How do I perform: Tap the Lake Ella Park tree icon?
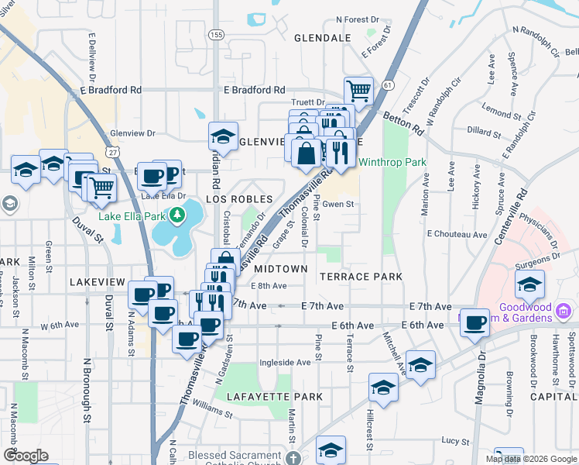pyautogui.click(x=178, y=214)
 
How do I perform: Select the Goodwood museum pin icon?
pyautogui.click(x=564, y=312)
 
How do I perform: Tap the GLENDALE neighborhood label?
pyautogui.click(x=323, y=37)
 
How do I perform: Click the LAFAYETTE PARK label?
pyautogui.click(x=275, y=396)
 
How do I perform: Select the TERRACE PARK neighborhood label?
pyautogui.click(x=361, y=277)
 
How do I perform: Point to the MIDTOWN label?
pyautogui.click(x=281, y=269)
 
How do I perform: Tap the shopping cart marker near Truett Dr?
pyautogui.click(x=358, y=91)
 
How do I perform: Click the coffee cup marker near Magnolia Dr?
pyautogui.click(x=475, y=322)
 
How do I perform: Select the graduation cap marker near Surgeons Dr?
pyautogui.click(x=530, y=284)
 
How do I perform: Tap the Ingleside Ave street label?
pyautogui.click(x=285, y=362)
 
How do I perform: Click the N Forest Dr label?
pyautogui.click(x=357, y=20)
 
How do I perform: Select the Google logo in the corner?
pyautogui.click(x=26, y=456)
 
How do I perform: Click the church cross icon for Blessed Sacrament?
pyautogui.click(x=292, y=458)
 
